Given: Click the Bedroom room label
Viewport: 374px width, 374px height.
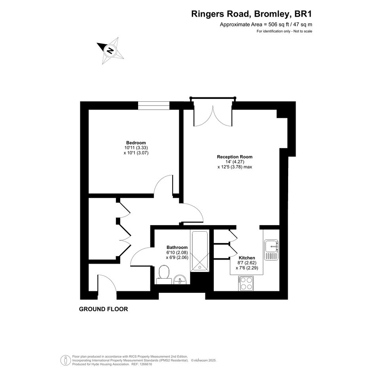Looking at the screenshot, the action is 136,143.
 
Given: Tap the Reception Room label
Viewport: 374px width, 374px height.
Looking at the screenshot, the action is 235,157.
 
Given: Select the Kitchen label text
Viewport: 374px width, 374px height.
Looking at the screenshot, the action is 247,258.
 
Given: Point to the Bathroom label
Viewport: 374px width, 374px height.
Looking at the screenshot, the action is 177,248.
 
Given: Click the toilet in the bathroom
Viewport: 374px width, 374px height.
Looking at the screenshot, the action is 164,275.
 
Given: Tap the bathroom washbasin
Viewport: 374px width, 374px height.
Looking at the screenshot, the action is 180,279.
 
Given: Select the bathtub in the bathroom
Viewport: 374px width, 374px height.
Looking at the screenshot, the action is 199,251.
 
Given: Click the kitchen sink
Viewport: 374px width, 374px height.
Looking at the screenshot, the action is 271,250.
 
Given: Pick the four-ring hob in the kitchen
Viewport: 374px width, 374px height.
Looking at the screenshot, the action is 246,284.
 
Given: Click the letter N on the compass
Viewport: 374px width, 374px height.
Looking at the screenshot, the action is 110,51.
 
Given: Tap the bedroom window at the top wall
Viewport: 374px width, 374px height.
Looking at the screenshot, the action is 154,105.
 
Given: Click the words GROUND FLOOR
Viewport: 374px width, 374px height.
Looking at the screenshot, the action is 104,309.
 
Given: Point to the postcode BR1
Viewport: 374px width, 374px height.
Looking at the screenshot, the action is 304,14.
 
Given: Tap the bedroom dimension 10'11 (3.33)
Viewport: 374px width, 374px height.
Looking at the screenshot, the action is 136,148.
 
